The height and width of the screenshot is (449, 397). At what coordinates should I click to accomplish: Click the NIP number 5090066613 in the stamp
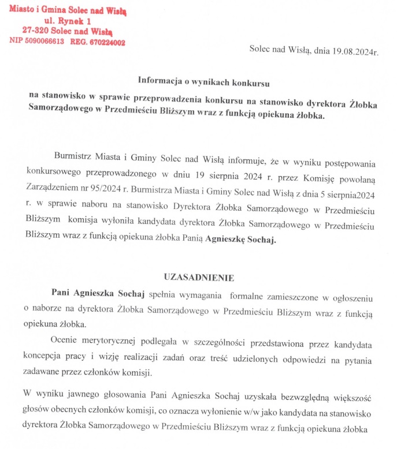(x=43, y=42)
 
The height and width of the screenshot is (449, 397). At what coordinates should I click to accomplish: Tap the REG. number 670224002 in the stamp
(x=106, y=42)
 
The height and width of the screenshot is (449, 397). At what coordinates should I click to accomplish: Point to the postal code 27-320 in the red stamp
(x=35, y=31)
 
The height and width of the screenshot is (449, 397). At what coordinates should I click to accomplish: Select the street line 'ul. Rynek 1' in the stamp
(x=68, y=21)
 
